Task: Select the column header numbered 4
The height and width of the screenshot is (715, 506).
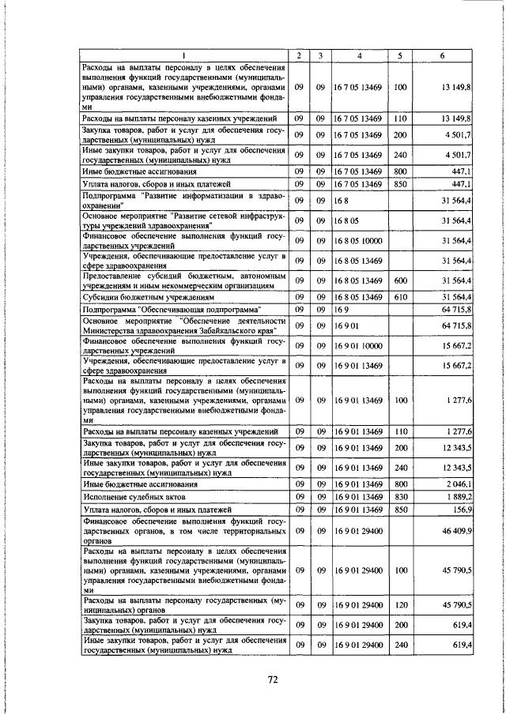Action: pos(359,55)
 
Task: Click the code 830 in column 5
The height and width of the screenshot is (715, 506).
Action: pos(399,496)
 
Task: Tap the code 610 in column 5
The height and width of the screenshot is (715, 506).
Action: pos(399,296)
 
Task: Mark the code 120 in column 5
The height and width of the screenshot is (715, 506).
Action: pos(399,604)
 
